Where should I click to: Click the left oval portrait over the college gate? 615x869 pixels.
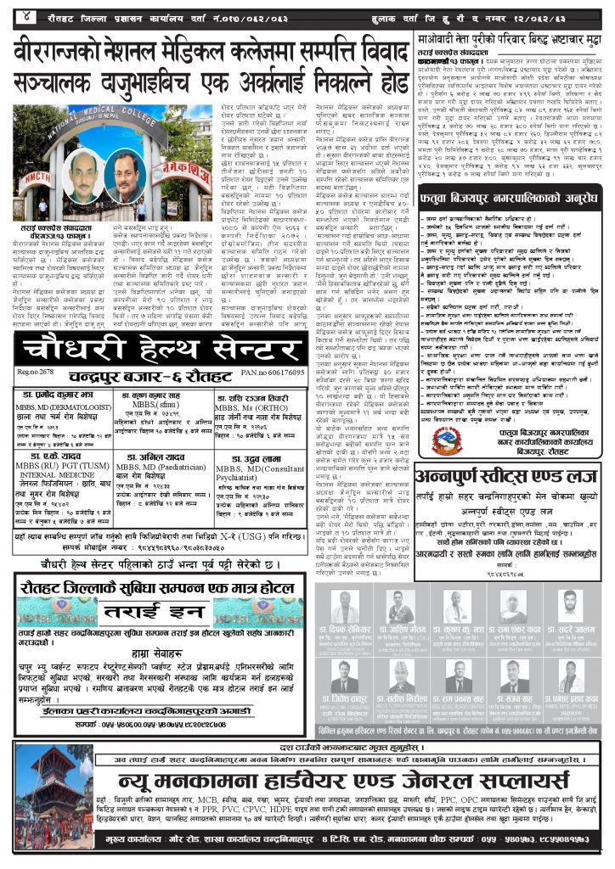(84, 173)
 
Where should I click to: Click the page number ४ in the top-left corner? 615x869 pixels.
(28, 14)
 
